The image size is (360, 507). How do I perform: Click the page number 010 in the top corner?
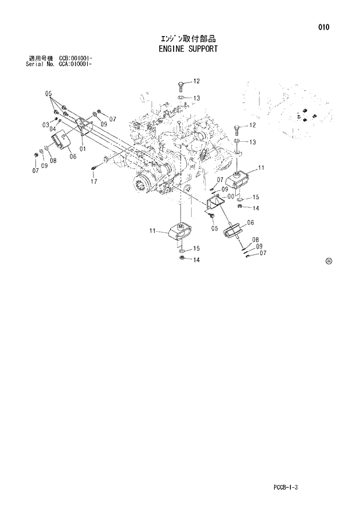(x=323, y=27)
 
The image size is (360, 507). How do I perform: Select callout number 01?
(x=82, y=149)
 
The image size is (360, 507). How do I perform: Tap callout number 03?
(x=45, y=125)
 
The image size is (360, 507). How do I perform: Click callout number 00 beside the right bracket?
(x=231, y=196)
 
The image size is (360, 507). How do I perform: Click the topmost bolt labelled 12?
(x=181, y=85)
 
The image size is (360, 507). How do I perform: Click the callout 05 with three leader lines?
(x=49, y=93)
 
